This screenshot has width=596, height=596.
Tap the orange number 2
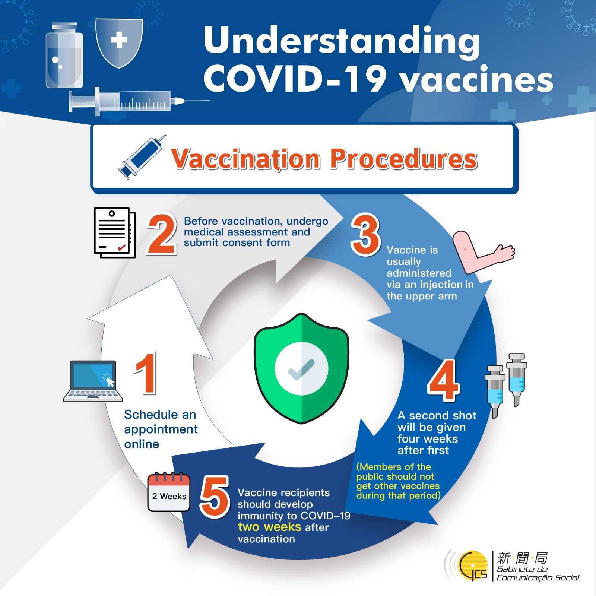pyautogui.click(x=162, y=234)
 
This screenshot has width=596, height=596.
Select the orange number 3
pyautogui.click(x=365, y=234)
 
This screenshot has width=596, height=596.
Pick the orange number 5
pyautogui.click(x=215, y=497)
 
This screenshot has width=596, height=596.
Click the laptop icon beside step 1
pyautogui.click(x=93, y=381)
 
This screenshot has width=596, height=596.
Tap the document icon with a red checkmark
pyautogui.click(x=115, y=232)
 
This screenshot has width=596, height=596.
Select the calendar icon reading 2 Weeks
pyautogui.click(x=169, y=492)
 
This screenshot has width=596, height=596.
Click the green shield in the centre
pyautogui.click(x=301, y=368)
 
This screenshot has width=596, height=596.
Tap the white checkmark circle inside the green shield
pyautogui.click(x=301, y=368)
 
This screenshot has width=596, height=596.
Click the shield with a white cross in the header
pyautogui.click(x=119, y=43)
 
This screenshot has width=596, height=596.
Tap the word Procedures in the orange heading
pyautogui.click(x=404, y=159)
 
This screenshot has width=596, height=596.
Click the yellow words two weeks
pyautogui.click(x=269, y=527)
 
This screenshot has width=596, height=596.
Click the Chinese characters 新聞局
pyautogui.click(x=523, y=558)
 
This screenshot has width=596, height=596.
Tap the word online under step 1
pyautogui.click(x=142, y=444)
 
